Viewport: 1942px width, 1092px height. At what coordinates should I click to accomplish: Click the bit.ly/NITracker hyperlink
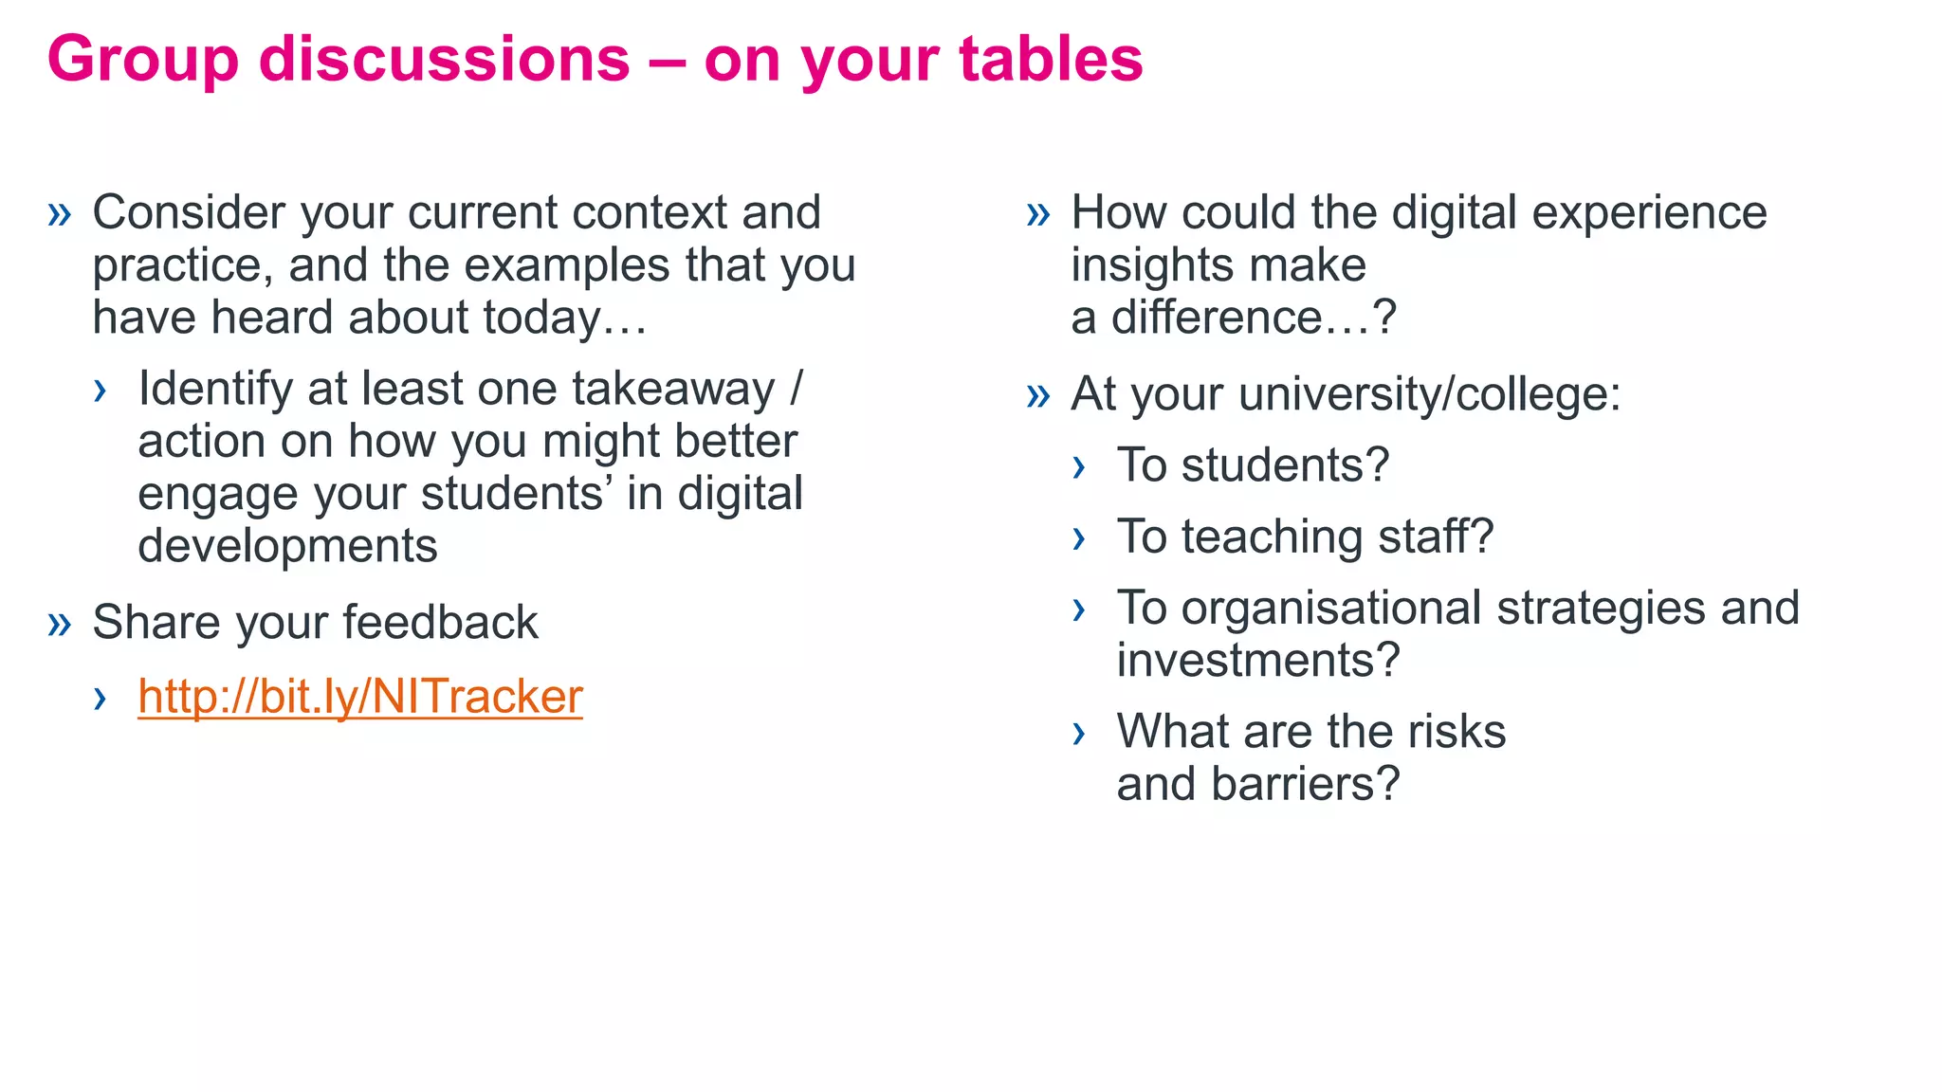359,697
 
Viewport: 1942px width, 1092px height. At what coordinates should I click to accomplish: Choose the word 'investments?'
1257,660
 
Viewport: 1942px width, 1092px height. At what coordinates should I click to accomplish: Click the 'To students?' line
1252,465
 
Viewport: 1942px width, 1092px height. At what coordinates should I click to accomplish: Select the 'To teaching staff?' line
1305,537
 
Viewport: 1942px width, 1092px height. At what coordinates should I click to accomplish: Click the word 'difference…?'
1254,318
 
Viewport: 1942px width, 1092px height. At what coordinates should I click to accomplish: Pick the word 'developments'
287,546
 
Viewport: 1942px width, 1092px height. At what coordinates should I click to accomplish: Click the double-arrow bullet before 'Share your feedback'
60,624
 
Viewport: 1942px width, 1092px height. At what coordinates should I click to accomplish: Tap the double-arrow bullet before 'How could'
1038,214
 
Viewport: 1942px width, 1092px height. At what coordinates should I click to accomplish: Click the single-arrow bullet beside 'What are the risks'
1078,733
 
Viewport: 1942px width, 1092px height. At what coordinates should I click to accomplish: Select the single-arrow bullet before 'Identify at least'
100,391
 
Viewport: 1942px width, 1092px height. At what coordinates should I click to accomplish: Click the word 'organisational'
1332,608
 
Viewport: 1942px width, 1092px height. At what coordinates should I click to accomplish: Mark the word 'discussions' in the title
444,59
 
